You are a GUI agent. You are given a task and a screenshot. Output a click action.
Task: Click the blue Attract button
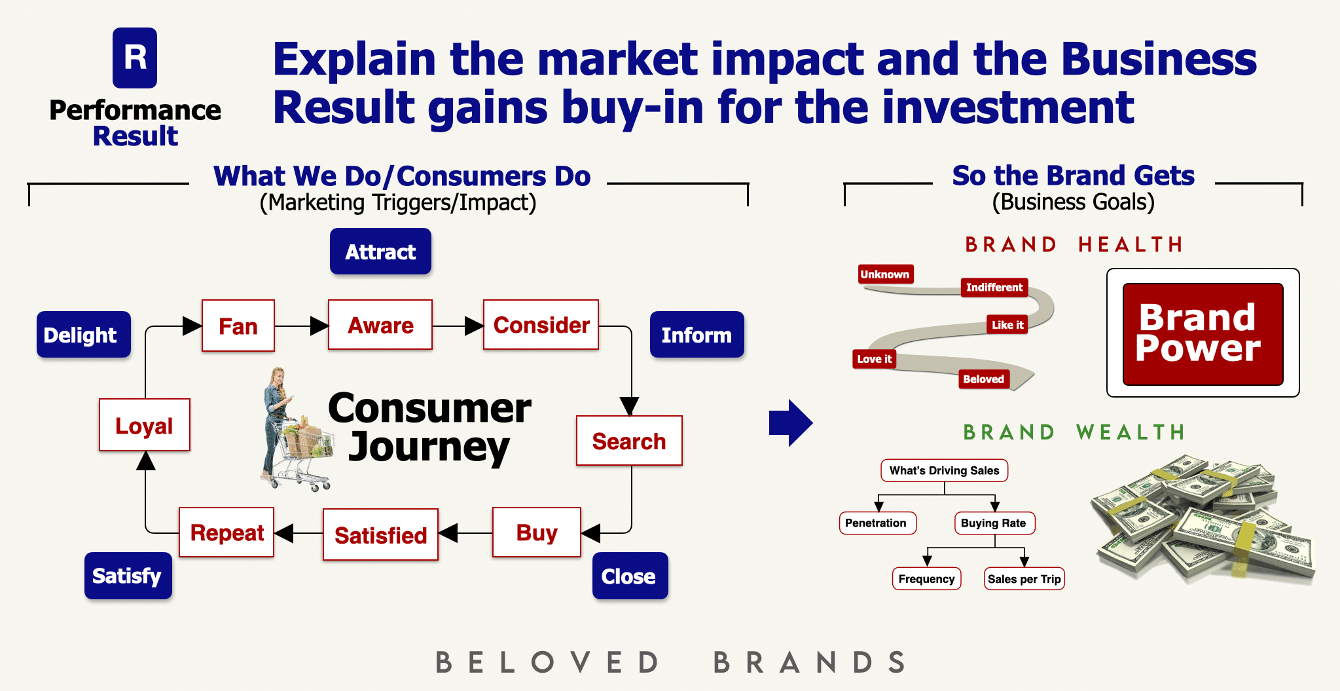coord(380,251)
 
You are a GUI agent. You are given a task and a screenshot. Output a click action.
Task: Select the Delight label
coord(84,334)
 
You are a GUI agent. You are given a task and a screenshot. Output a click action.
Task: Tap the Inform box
coord(697,334)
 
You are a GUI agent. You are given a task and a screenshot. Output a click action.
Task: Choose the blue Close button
coord(630,576)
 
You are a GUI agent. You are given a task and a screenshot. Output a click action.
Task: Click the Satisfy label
coord(128,576)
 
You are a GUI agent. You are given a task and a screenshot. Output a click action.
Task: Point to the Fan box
coord(238,326)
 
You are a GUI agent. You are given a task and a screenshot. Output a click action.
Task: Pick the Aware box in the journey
coord(380,325)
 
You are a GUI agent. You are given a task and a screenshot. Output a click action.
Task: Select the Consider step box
coord(541,325)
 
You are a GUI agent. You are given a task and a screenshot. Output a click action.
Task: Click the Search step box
coord(629,441)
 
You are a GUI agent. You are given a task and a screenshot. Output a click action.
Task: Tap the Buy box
coord(537,532)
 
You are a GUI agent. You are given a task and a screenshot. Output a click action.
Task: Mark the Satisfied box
coord(380,534)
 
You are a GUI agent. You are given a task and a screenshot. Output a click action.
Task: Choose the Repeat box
coord(226,532)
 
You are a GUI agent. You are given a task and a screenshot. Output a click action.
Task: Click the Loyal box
coord(145,425)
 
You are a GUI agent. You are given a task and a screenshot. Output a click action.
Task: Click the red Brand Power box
coord(1203,334)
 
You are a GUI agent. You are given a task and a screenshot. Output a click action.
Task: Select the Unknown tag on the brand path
coord(885,274)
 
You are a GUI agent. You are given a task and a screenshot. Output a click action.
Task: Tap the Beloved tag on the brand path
coord(984,379)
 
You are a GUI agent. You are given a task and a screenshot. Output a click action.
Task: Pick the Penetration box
coord(877,523)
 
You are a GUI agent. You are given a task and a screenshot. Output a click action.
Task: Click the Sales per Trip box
coord(1024,578)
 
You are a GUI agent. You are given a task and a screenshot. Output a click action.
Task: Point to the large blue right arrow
coord(791,423)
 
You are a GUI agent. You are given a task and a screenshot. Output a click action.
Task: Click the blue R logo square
coord(135,58)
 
